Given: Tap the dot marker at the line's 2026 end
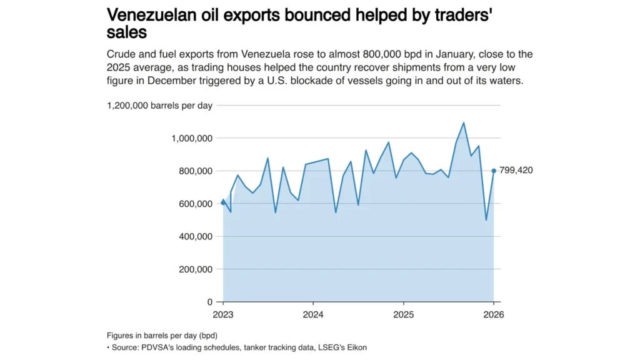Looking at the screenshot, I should pos(494,171).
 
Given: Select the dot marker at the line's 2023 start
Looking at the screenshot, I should pos(223,202).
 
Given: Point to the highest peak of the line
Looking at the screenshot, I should pos(464,122).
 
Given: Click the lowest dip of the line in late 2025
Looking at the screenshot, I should pos(486,220).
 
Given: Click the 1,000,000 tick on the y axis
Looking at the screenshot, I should pos(192,138).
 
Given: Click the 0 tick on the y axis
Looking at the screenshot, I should pos(211,302).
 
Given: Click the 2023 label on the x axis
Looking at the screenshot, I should pos(223,314).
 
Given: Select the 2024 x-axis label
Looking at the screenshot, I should pos(312,314).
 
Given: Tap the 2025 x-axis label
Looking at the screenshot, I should pos(403,314).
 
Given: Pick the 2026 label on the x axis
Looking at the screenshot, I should pos(494,314).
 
